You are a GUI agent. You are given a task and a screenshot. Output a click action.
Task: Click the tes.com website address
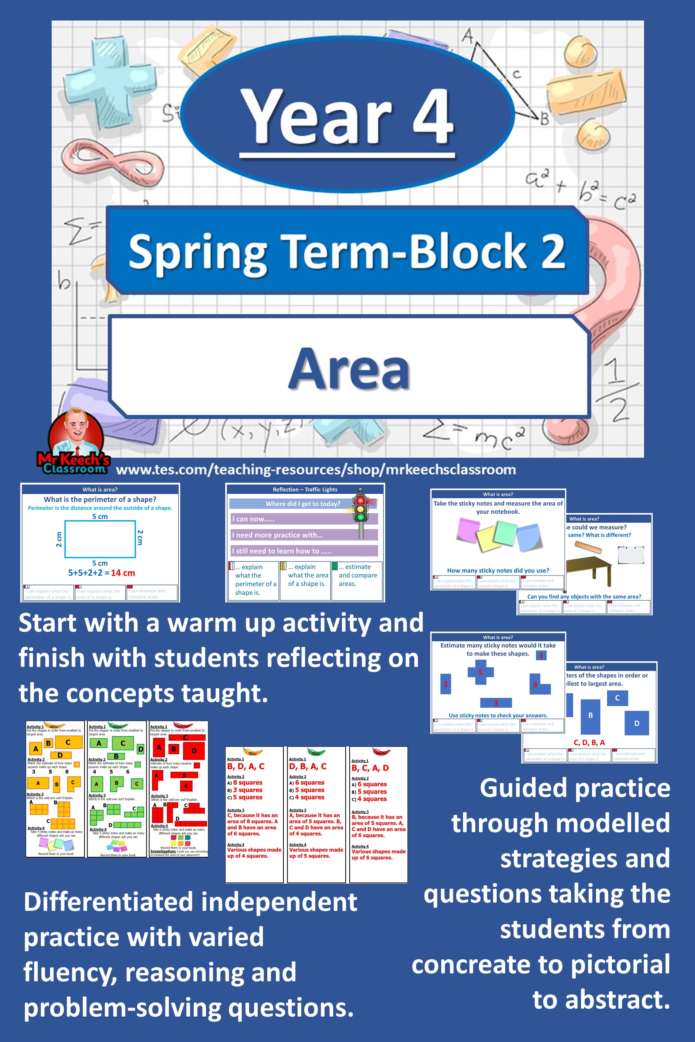click(316, 469)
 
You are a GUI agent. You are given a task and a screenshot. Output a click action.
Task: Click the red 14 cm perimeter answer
click(123, 573)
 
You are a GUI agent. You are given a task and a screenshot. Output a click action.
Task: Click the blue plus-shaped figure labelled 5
click(480, 672)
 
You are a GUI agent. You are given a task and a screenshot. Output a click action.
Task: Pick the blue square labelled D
click(636, 723)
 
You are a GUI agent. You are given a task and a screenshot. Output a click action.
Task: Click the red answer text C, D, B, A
click(589, 742)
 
